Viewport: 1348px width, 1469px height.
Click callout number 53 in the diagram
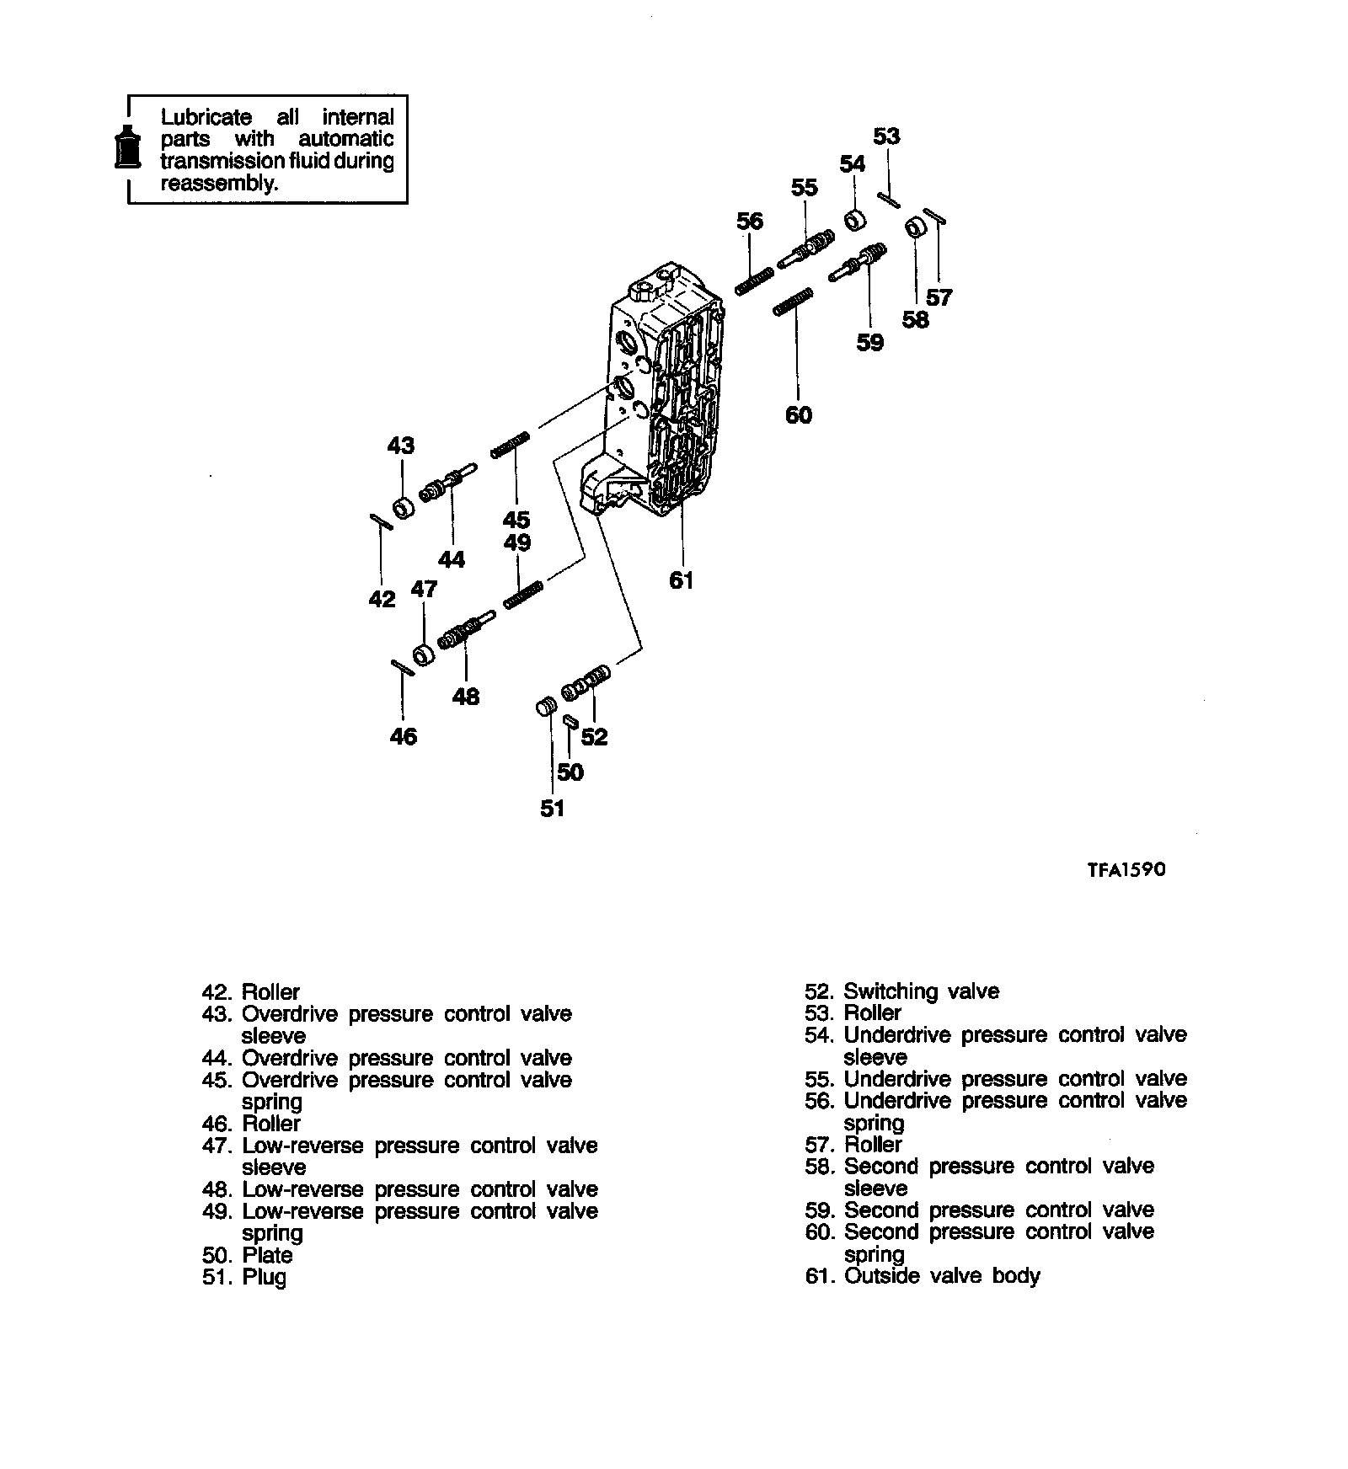point(886,136)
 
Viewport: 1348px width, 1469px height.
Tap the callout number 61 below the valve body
point(681,580)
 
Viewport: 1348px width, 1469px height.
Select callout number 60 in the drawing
point(798,414)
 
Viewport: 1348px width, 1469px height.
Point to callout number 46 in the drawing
point(404,736)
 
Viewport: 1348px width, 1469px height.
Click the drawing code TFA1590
point(1126,869)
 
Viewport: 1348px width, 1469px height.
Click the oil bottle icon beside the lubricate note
point(128,150)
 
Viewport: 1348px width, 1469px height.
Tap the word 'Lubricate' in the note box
point(206,117)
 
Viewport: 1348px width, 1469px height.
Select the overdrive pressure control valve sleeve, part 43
point(404,509)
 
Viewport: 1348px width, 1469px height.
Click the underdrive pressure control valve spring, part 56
point(754,281)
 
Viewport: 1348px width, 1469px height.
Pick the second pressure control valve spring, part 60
point(792,302)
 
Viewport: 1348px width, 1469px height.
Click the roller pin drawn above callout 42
point(381,522)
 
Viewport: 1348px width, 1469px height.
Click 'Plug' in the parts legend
point(265,1277)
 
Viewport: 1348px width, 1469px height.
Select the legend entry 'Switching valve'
point(921,991)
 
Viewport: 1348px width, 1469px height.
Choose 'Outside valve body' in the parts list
point(942,1276)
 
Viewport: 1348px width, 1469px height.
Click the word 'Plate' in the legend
point(267,1255)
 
